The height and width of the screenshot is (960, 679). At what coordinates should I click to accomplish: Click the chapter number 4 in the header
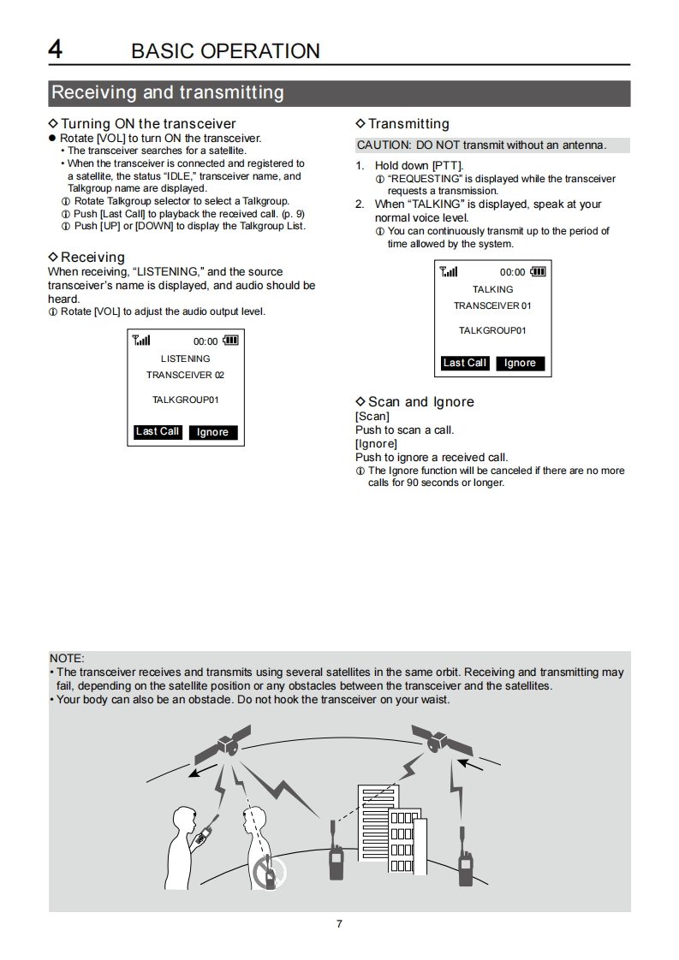pyautogui.click(x=55, y=49)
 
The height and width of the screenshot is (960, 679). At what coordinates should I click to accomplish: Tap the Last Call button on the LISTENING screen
pyautogui.click(x=158, y=432)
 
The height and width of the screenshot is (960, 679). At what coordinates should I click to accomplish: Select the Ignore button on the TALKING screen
pyautogui.click(x=520, y=364)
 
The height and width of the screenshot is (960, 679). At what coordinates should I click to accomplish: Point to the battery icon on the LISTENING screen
pyautogui.click(x=230, y=341)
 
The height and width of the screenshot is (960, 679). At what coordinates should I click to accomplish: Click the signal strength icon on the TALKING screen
pyautogui.click(x=449, y=272)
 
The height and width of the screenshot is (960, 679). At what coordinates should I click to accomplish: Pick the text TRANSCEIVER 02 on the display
pyautogui.click(x=185, y=375)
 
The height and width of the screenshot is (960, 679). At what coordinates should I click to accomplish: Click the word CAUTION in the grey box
pyautogui.click(x=382, y=145)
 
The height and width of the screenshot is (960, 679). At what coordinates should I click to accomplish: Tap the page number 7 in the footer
pyautogui.click(x=339, y=924)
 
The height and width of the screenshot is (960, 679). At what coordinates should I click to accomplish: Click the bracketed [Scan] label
pyautogui.click(x=372, y=417)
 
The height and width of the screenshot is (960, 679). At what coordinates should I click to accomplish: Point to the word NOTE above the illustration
pyautogui.click(x=67, y=658)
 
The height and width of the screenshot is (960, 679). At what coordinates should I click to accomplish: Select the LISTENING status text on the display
pyautogui.click(x=185, y=359)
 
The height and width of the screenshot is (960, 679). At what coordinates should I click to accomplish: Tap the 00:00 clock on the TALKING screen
pyautogui.click(x=512, y=273)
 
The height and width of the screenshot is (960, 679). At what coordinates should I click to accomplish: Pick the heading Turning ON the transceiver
pyautogui.click(x=147, y=124)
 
